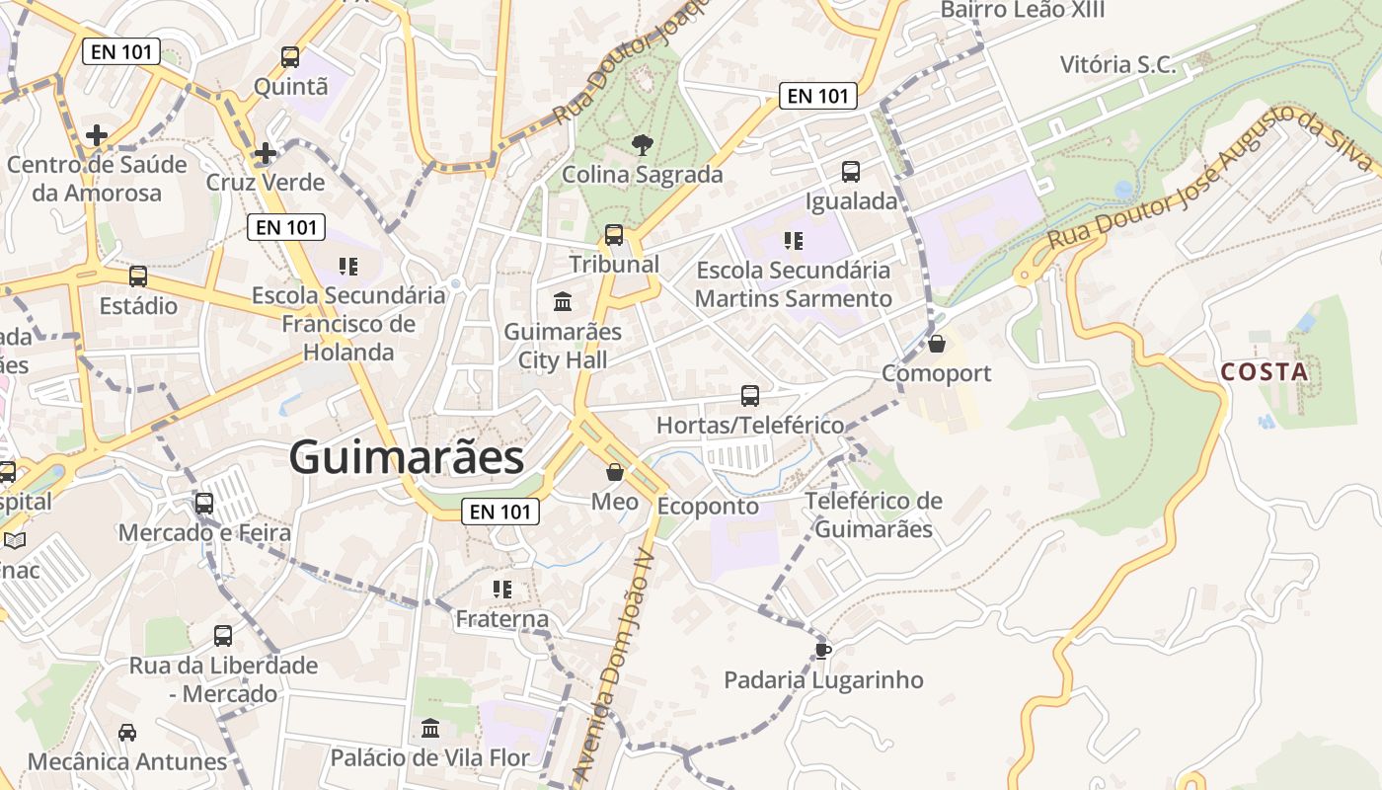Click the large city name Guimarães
[406, 458]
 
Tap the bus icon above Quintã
[289, 57]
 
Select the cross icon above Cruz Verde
[265, 153]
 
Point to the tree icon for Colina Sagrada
[642, 145]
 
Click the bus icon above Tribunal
[614, 235]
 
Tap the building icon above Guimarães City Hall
[563, 301]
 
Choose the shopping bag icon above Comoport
[936, 344]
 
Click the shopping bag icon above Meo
[614, 472]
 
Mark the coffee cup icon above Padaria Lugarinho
[822, 650]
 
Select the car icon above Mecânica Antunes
[127, 733]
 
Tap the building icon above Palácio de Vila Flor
[429, 729]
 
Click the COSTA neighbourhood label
[1265, 372]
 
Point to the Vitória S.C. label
[1117, 65]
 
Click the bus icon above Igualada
[851, 172]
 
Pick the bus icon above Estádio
[138, 276]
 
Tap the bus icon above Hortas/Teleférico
[750, 396]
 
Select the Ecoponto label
[708, 507]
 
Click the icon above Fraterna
[501, 591]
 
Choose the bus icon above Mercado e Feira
[204, 504]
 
